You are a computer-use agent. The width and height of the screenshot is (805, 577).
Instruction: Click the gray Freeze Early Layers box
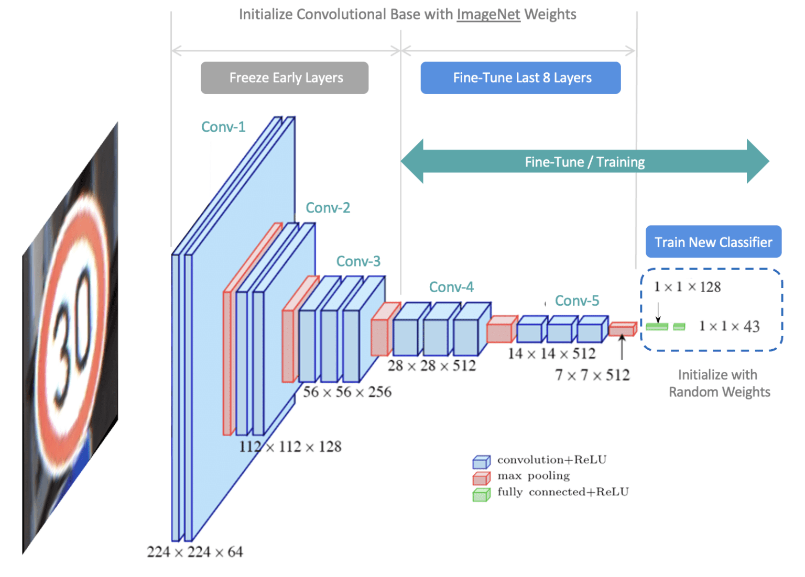[285, 78]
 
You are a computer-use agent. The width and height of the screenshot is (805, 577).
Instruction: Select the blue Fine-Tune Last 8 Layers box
[520, 78]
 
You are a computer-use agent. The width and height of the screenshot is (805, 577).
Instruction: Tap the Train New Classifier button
[713, 242]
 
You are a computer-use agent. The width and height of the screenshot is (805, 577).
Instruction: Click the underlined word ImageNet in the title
[488, 14]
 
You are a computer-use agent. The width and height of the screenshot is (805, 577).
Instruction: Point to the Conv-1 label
[223, 127]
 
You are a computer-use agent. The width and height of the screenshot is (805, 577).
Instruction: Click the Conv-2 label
[328, 208]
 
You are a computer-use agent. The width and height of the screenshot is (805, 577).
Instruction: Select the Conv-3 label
[358, 261]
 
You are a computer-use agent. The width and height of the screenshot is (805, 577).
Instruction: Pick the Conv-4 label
[451, 287]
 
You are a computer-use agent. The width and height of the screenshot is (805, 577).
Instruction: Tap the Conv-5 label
[577, 301]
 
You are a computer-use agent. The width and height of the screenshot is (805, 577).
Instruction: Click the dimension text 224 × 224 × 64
[195, 552]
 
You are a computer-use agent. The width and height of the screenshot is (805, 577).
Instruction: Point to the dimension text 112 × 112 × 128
[290, 447]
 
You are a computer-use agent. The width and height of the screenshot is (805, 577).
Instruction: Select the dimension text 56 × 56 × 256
[347, 392]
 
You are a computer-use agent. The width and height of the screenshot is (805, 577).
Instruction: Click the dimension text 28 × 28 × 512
[432, 365]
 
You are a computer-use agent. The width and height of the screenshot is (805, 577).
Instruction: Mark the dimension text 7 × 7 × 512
[592, 375]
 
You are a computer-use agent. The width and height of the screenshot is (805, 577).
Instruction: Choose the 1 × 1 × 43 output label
[729, 326]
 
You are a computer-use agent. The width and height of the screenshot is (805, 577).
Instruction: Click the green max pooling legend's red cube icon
[481, 478]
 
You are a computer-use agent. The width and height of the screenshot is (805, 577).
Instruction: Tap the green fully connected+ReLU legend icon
[481, 494]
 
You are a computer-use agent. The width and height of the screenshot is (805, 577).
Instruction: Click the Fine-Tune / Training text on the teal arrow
[585, 162]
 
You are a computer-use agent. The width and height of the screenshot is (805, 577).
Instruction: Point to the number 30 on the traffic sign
[73, 330]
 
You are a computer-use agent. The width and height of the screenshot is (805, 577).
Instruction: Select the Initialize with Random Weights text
[719, 383]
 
